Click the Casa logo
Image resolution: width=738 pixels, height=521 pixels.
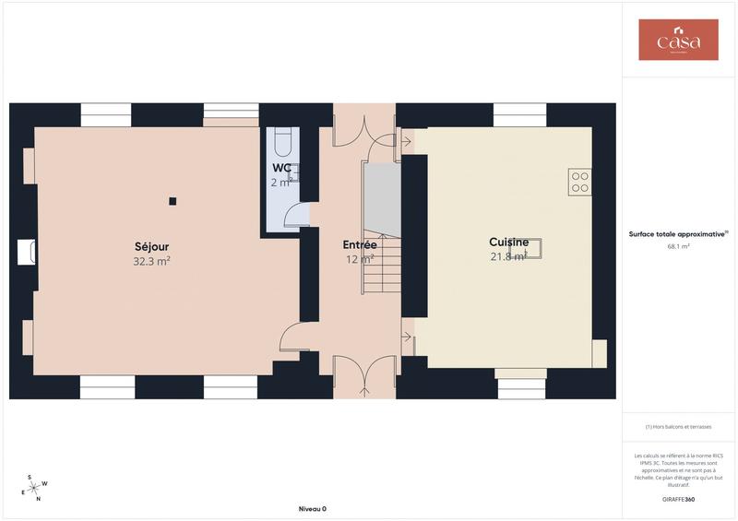[678, 40]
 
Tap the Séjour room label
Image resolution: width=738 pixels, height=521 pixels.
[151, 246]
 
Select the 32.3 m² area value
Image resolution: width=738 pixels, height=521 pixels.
[151, 261]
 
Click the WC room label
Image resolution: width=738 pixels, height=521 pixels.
[281, 168]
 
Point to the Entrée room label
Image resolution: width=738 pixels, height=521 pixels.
[359, 245]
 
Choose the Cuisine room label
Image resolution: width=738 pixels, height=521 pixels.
[508, 242]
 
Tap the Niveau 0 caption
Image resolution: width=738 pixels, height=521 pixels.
[312, 509]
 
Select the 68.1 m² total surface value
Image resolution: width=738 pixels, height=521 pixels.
[678, 246]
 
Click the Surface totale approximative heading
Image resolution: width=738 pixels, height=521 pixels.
[678, 233]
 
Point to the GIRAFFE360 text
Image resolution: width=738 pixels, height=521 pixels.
[678, 499]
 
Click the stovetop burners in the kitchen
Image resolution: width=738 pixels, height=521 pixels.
[579, 182]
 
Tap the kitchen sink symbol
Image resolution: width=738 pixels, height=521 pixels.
[533, 248]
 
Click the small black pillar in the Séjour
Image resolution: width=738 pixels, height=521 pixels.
[173, 201]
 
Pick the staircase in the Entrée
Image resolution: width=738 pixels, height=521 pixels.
[381, 263]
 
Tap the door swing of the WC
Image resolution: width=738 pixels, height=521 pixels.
[296, 214]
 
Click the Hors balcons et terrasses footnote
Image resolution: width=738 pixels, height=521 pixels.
[678, 428]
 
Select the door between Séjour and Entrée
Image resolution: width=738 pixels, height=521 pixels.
[293, 337]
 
